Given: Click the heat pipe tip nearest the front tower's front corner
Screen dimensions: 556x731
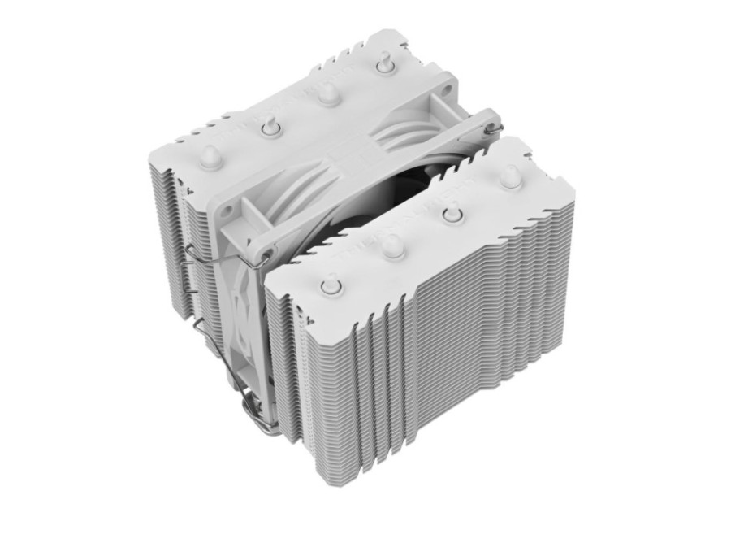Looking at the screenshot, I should click(x=332, y=285).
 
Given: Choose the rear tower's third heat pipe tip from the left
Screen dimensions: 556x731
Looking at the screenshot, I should click(x=327, y=93).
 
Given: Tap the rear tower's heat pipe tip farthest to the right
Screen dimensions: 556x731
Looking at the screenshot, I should click(x=383, y=65).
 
